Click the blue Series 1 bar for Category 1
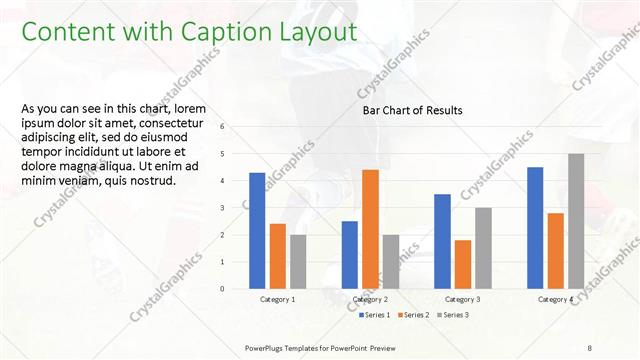pos(257,230)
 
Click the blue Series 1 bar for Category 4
pos(535,227)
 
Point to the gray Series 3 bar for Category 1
pos(298,261)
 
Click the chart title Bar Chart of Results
pos(412,111)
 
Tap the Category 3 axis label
pos(463,300)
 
